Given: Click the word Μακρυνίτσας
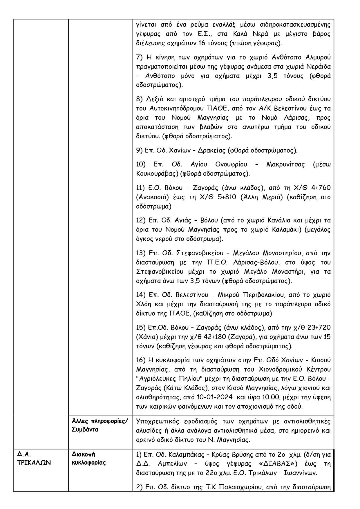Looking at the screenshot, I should (x=285, y=164).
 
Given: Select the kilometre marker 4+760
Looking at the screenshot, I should (x=320, y=188).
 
